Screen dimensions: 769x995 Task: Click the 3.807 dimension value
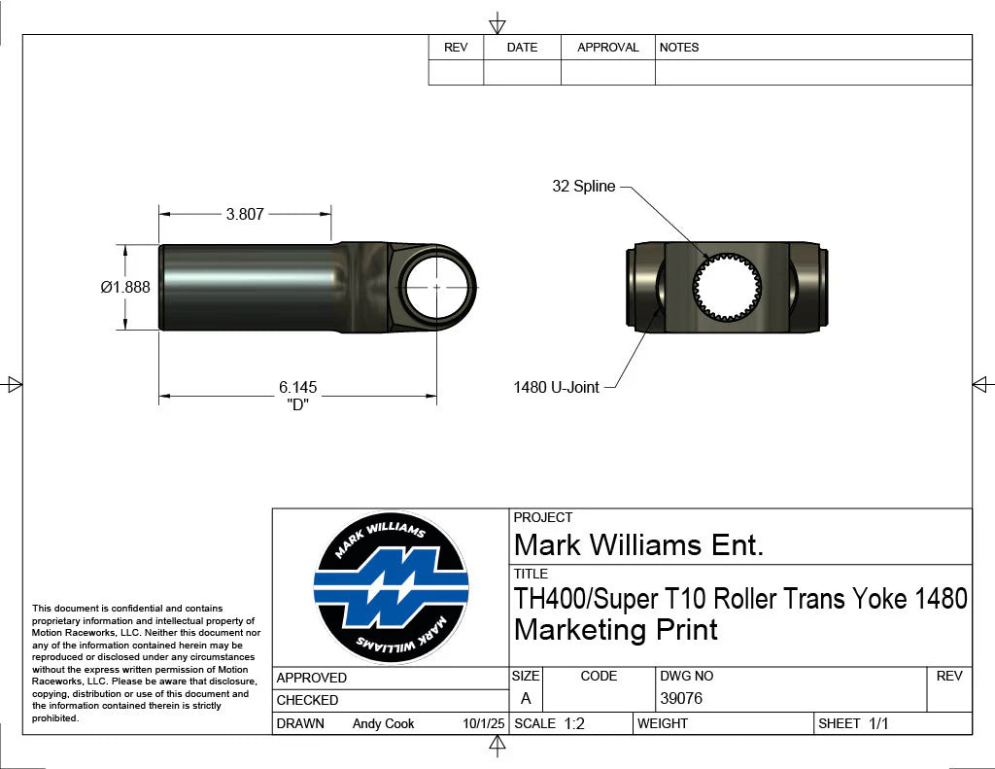point(245,215)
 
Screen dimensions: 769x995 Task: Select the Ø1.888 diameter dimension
point(125,288)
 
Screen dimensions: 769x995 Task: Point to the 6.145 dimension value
point(297,388)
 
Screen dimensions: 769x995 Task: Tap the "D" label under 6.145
point(297,405)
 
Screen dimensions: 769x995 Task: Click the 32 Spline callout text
point(583,187)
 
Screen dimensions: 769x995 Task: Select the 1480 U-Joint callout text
point(556,388)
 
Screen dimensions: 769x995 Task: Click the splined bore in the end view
point(727,288)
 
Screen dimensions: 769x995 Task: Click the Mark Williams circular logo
point(391,588)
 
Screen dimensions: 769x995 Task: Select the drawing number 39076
point(681,699)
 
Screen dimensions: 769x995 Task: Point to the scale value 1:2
point(574,723)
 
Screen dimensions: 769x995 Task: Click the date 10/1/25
point(484,723)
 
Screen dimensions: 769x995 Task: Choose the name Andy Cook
point(383,723)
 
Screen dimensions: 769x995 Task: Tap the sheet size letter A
point(526,699)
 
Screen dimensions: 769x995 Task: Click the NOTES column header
point(679,48)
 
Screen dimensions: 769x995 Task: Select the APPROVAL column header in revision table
point(607,48)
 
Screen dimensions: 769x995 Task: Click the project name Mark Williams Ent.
point(638,545)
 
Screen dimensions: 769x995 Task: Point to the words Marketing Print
point(615,630)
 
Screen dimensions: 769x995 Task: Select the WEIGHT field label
point(663,723)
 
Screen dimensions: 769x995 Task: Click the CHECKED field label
point(308,700)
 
